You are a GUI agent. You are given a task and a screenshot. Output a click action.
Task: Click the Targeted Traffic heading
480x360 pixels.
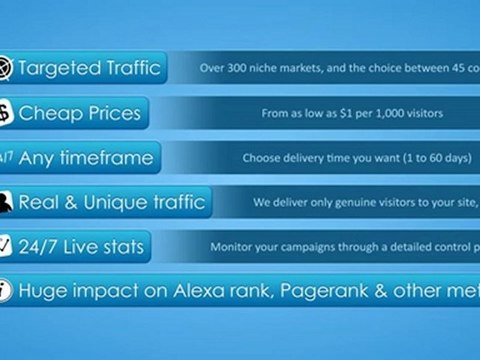[x=88, y=69]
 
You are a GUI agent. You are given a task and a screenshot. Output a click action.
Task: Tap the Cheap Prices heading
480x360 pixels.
[x=79, y=113]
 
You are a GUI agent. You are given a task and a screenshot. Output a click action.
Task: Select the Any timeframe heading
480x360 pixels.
[x=85, y=157]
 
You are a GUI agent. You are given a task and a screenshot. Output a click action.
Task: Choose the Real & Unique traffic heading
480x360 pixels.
[x=111, y=201]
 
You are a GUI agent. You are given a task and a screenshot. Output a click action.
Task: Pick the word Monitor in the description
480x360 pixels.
[x=232, y=246]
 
